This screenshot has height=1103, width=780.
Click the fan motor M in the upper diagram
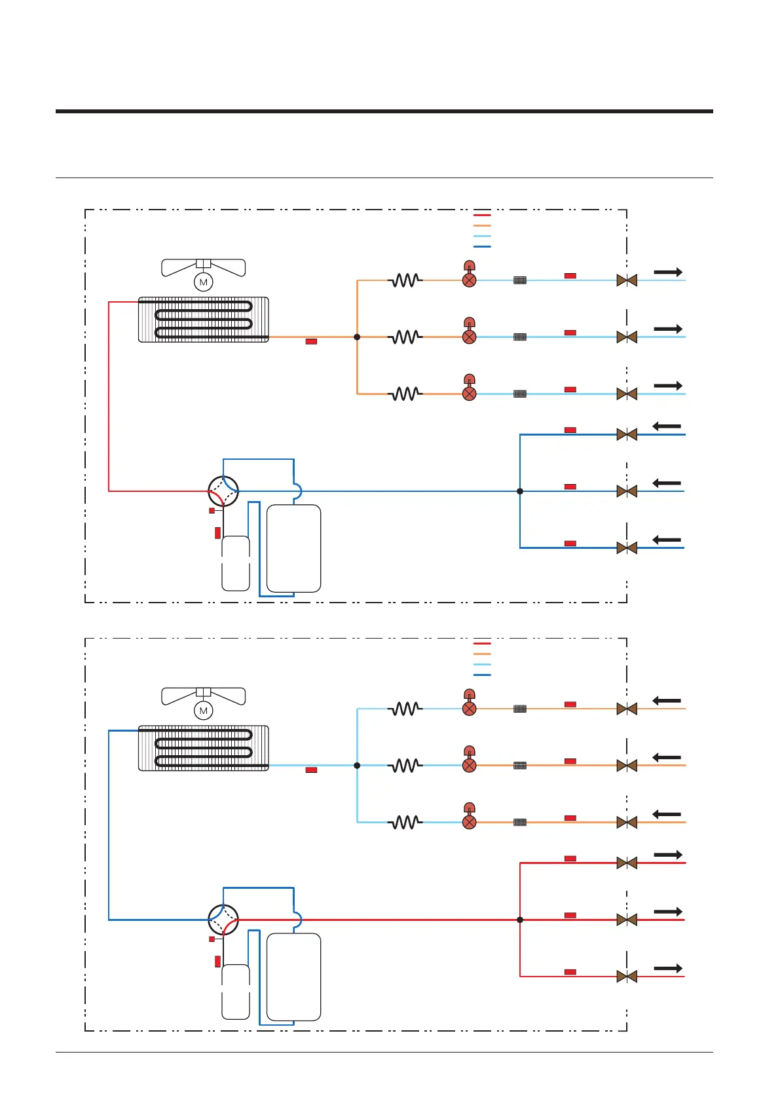[x=204, y=282]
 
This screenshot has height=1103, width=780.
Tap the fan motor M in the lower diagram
[x=204, y=711]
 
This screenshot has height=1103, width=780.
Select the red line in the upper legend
[x=482, y=215]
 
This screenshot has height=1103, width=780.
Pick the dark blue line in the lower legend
[x=482, y=675]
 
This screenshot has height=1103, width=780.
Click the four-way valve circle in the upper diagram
[x=223, y=491]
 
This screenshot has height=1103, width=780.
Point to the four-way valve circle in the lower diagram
[x=223, y=920]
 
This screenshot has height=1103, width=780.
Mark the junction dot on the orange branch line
[x=357, y=337]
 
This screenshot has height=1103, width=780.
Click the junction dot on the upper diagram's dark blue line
[x=520, y=491]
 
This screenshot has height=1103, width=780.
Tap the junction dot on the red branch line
[x=520, y=920]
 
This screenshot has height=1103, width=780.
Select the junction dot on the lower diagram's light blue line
[x=357, y=765]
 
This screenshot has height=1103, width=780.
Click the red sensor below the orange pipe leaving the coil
[x=312, y=342]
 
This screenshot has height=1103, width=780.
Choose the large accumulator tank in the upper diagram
[x=293, y=548]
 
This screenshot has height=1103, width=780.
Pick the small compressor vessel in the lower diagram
[x=236, y=992]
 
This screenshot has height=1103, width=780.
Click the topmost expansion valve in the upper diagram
[x=470, y=280]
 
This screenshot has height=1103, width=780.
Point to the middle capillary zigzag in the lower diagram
[x=406, y=765]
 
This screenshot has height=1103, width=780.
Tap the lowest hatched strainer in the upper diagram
[x=520, y=394]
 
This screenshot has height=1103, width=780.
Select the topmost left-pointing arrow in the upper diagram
[x=667, y=426]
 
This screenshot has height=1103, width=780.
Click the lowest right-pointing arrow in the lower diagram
[x=668, y=968]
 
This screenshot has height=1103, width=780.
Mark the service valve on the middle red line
[x=627, y=920]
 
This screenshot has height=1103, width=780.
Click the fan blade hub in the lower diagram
[x=204, y=692]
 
